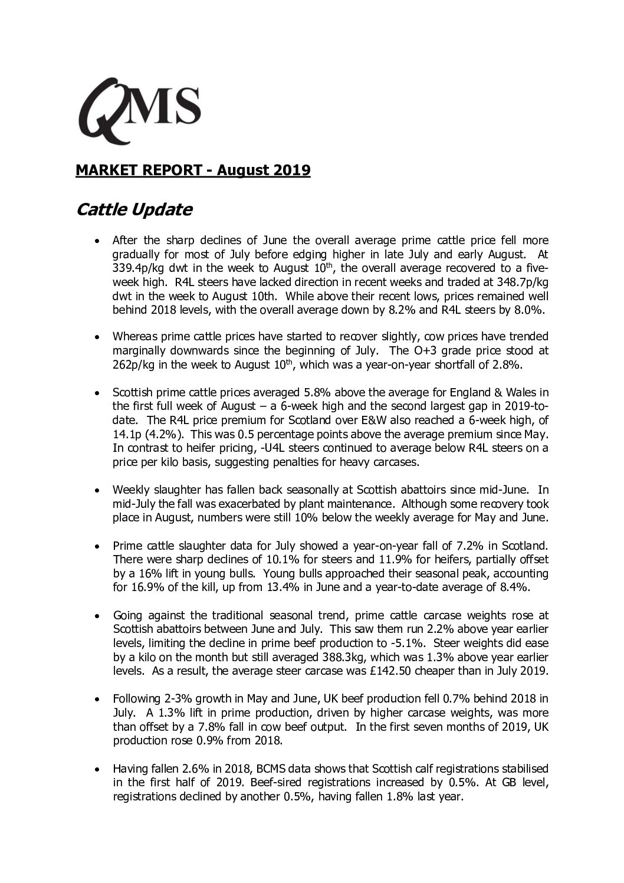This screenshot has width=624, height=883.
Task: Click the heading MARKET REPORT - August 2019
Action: [193, 170]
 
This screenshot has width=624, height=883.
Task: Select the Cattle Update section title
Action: [134, 209]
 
